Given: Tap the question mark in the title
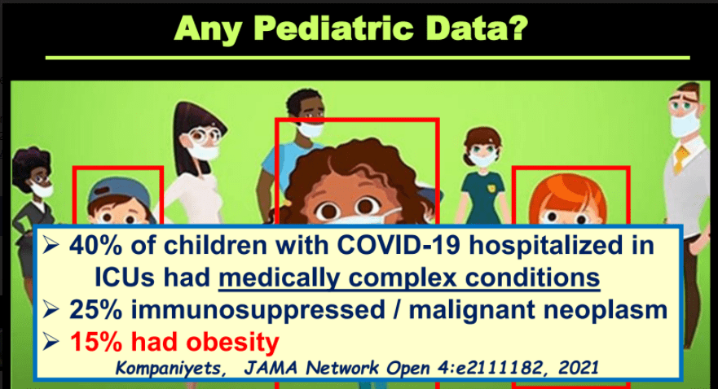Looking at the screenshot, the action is (518, 28).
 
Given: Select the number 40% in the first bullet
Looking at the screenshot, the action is (95, 245).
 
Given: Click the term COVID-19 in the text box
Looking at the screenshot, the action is (399, 245).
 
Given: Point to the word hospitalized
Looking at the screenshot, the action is (546, 246).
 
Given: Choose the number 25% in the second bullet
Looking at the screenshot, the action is (95, 309).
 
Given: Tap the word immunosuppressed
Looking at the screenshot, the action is (258, 310).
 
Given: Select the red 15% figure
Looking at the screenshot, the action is (95, 342).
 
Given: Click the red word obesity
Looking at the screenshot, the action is (232, 343).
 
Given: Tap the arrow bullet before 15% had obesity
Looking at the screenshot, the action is (51, 342).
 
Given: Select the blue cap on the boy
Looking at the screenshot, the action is (120, 193).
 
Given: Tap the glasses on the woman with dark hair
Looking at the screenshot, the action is (203, 135).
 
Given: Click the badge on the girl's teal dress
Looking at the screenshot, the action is (491, 188).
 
